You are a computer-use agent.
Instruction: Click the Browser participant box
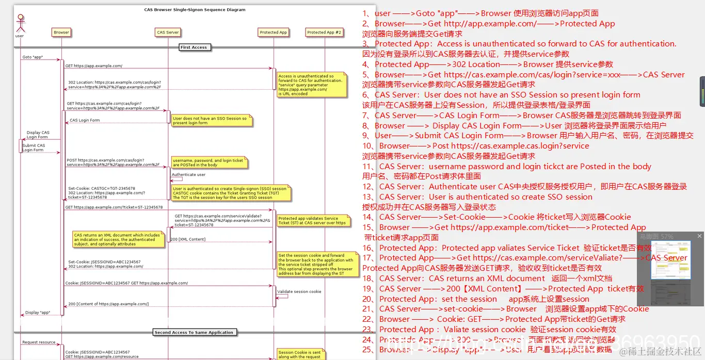click(x=61, y=32)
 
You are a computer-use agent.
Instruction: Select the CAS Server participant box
click(x=168, y=32)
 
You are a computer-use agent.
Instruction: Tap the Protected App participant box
click(x=273, y=32)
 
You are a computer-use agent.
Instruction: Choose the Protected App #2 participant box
click(x=324, y=32)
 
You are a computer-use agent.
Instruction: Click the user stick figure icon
click(x=20, y=24)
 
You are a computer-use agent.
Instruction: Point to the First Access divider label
click(x=194, y=47)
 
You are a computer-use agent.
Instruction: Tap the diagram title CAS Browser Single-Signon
click(x=195, y=10)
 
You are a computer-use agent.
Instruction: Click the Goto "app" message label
click(x=33, y=57)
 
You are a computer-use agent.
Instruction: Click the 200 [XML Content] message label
click(x=188, y=239)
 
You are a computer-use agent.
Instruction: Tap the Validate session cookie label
click(x=299, y=292)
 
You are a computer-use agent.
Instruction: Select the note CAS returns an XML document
click(x=118, y=239)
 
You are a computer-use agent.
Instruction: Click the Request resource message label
click(x=39, y=342)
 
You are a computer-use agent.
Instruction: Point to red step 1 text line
click(x=480, y=13)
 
